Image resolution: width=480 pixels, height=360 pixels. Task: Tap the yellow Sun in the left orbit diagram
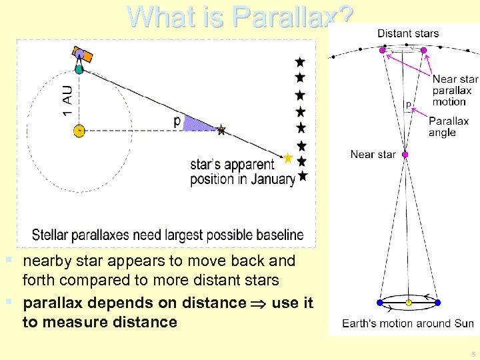click(x=79, y=130)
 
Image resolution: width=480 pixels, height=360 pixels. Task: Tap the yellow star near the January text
click(x=287, y=158)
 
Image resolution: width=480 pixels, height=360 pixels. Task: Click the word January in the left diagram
click(x=269, y=179)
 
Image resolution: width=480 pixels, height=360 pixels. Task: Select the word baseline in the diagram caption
click(x=277, y=235)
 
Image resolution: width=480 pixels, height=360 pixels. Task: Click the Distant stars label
click(x=408, y=33)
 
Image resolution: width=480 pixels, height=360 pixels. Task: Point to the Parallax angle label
click(x=449, y=127)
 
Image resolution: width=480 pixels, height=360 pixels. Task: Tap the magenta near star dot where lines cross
click(x=405, y=155)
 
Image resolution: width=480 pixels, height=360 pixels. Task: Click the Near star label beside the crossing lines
click(x=373, y=155)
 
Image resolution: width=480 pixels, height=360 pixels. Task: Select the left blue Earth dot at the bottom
click(x=380, y=303)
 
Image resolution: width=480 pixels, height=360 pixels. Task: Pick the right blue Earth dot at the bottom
click(x=437, y=303)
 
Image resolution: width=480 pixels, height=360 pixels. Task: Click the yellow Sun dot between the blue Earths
click(x=409, y=303)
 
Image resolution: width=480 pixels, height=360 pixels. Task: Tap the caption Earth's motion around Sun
click(x=407, y=324)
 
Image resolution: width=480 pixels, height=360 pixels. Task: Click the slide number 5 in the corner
click(x=472, y=353)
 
